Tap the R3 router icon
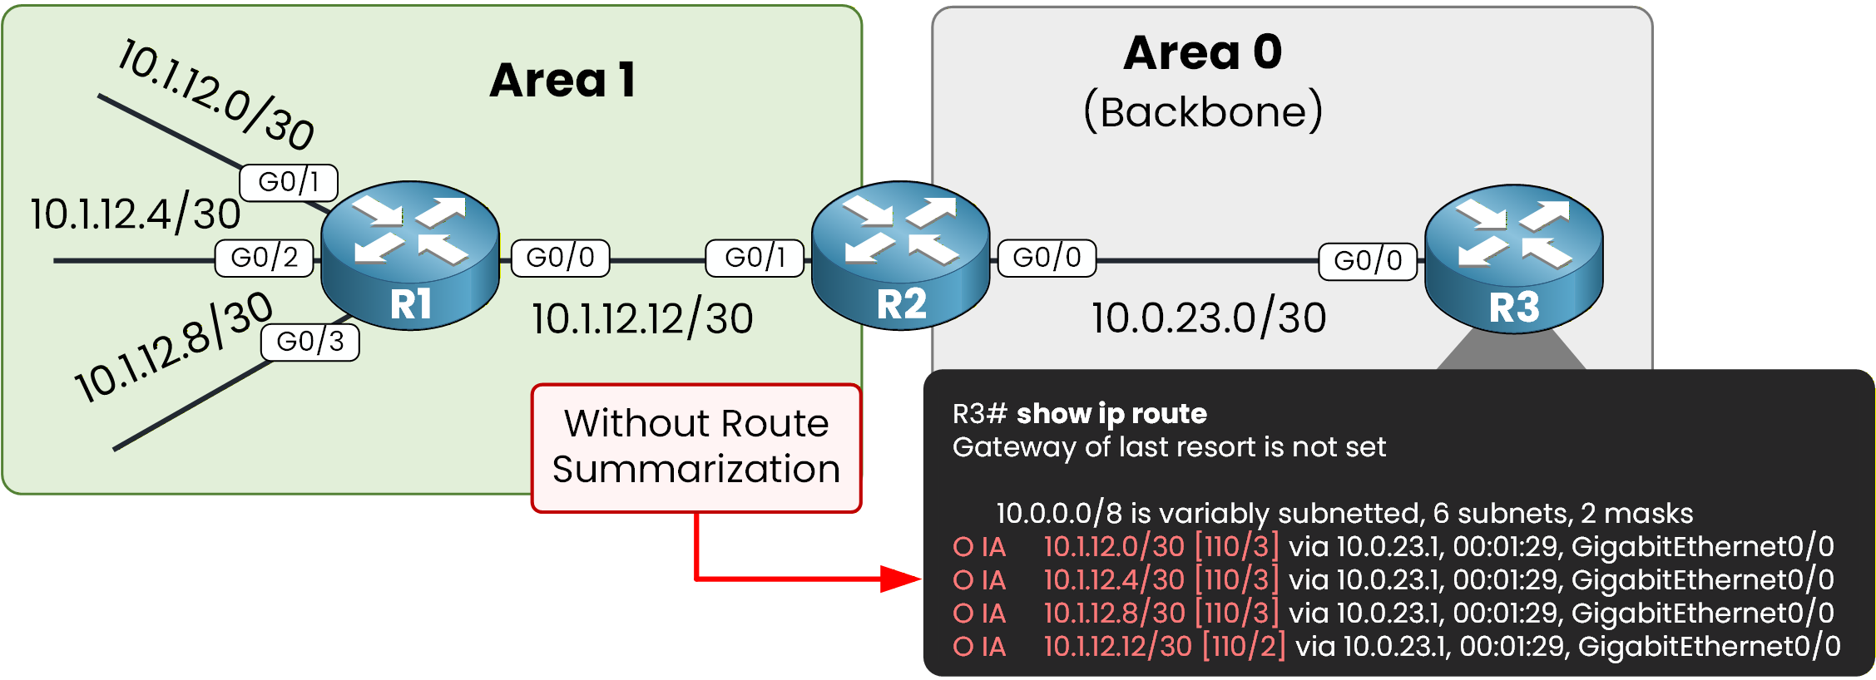pyautogui.click(x=1513, y=259)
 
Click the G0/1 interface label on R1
pyautogui.click(x=288, y=182)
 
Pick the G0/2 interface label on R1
pyautogui.click(x=264, y=258)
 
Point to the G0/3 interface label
pyautogui.click(x=309, y=342)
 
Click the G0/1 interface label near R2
pyautogui.click(x=755, y=258)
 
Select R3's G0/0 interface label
pyautogui.click(x=1368, y=261)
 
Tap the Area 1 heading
pyautogui.click(x=562, y=81)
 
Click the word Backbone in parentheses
pyautogui.click(x=1203, y=111)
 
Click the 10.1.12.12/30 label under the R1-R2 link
pyautogui.click(x=642, y=318)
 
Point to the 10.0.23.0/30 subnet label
pyautogui.click(x=1209, y=318)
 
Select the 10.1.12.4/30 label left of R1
pyautogui.click(x=135, y=214)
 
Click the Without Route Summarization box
pyautogui.click(x=696, y=447)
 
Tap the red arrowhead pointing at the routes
pyautogui.click(x=900, y=579)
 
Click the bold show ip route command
pyautogui.click(x=1111, y=413)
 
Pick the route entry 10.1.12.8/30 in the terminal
pyautogui.click(x=1114, y=613)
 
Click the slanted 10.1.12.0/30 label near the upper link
pyautogui.click(x=215, y=96)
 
